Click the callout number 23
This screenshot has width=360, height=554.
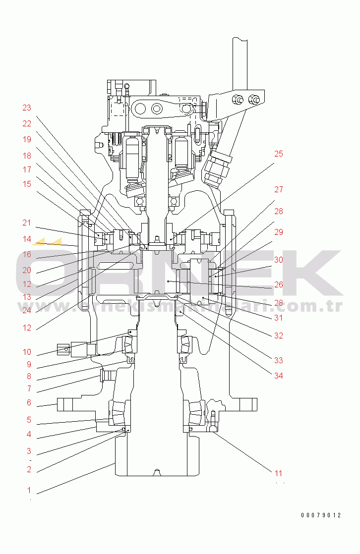point(27,108)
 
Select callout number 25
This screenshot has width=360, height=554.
point(279,154)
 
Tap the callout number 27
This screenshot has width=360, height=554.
point(279,190)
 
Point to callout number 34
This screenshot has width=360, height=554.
point(279,376)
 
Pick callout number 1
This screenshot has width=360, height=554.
point(29,491)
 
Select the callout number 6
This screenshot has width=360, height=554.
point(29,403)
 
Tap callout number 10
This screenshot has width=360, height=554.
point(27,352)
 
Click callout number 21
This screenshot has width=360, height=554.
point(27,222)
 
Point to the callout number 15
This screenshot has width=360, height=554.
point(27,184)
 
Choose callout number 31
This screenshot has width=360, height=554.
point(279,318)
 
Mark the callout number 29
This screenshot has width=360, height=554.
point(279,232)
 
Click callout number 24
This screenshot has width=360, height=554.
point(27,311)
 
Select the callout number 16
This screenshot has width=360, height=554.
point(27,255)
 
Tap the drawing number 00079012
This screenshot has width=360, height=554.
point(321,515)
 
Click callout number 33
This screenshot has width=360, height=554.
point(279,359)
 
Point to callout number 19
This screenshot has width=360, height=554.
point(27,140)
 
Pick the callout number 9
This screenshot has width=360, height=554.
point(29,364)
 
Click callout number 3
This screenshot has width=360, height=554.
point(29,451)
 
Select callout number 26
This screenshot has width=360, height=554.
point(279,284)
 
